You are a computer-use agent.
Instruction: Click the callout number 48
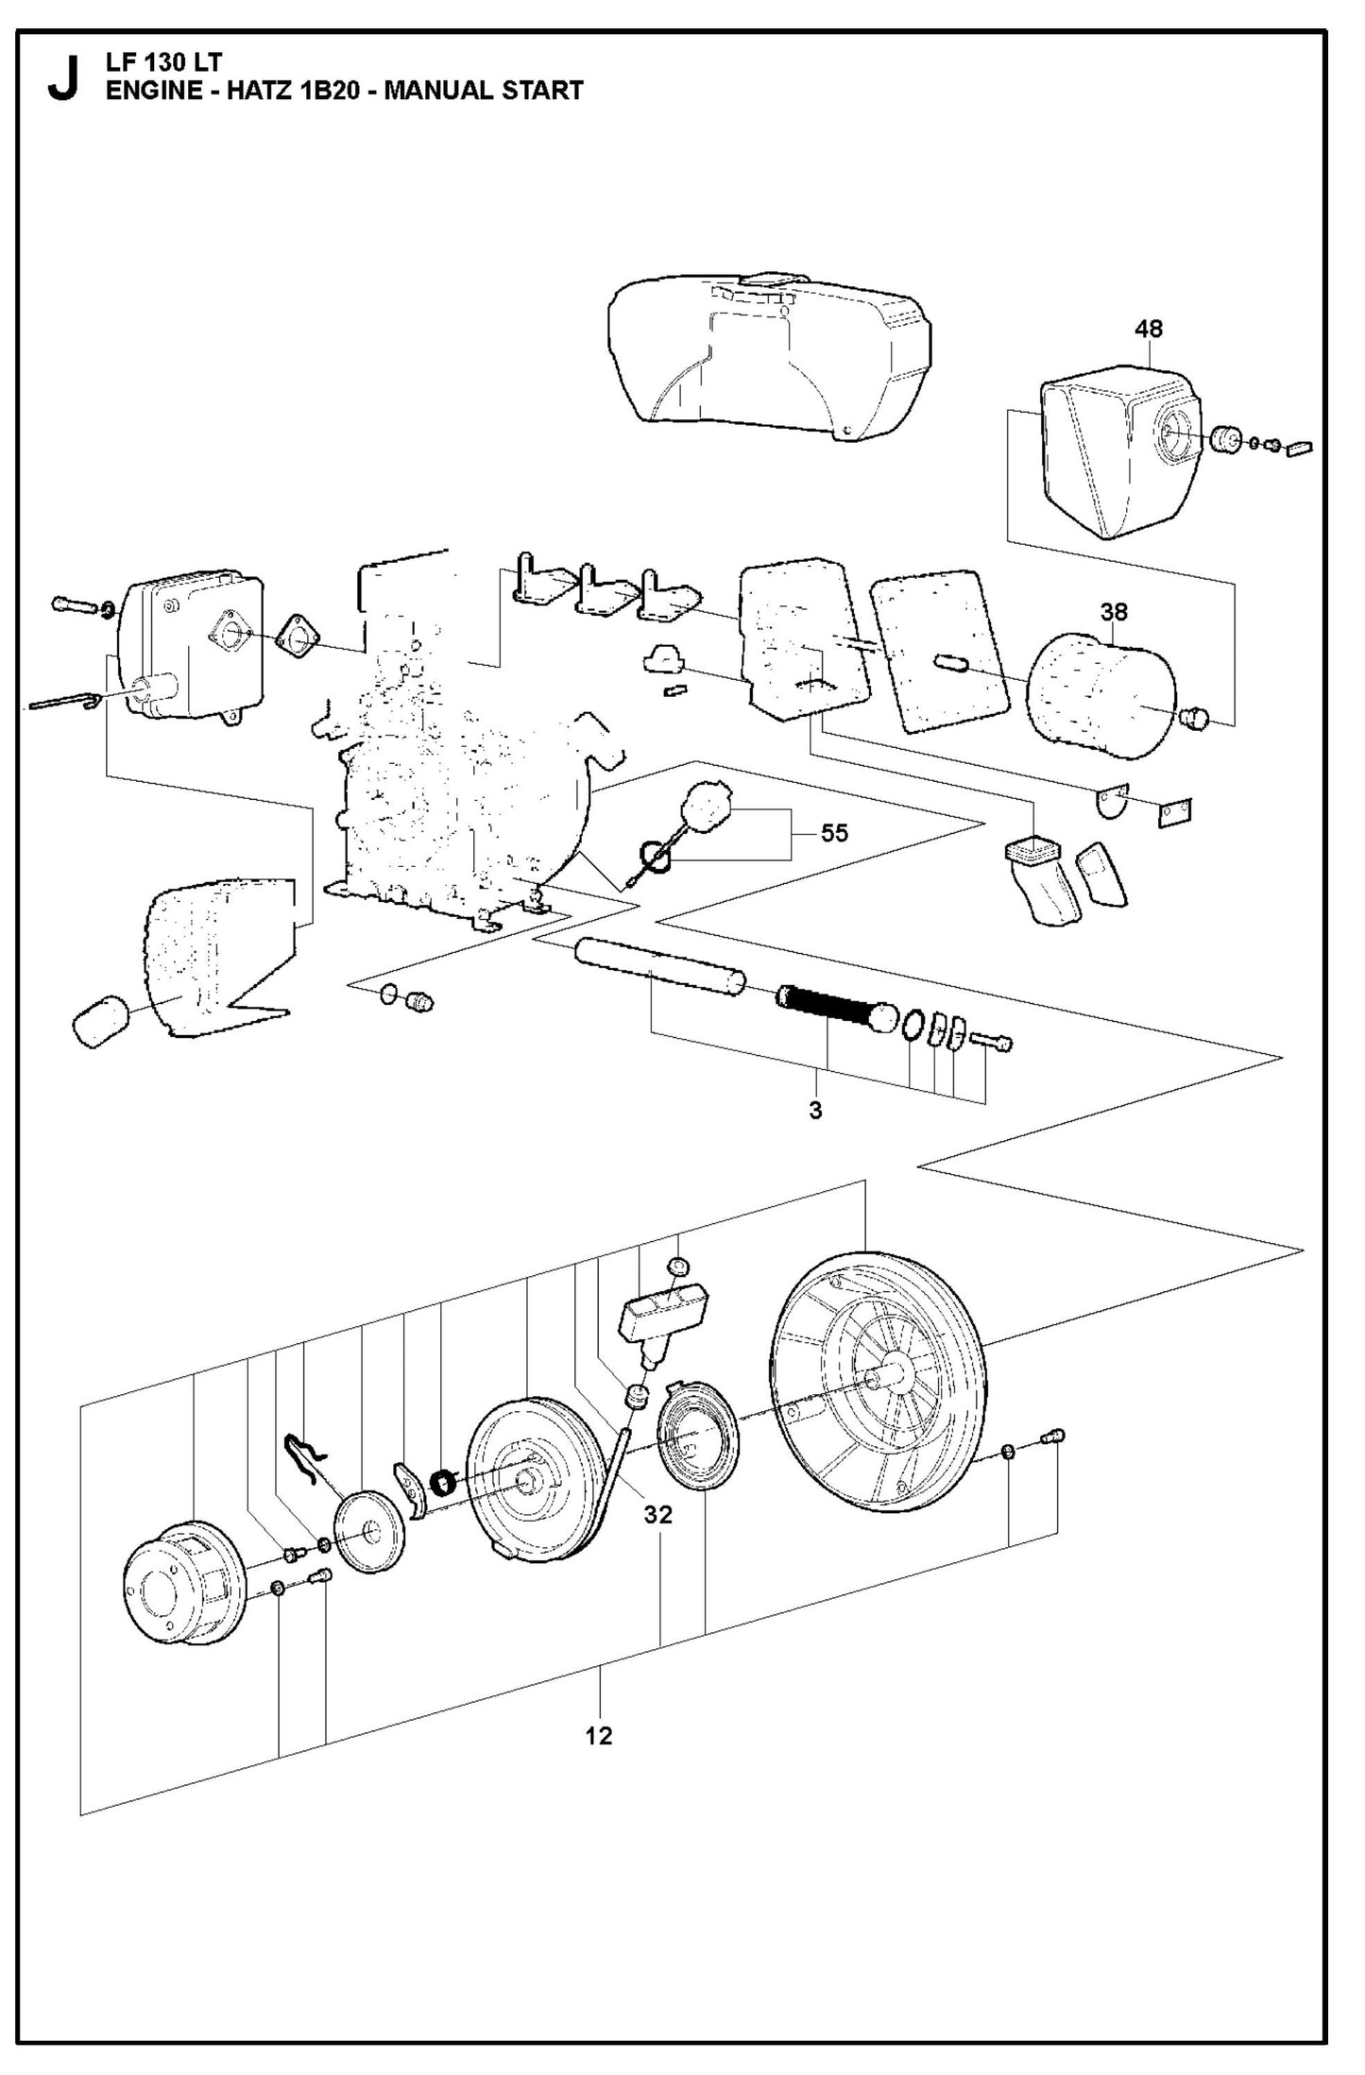point(1149,329)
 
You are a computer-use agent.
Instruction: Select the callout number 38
point(1114,612)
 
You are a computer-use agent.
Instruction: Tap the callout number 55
point(834,833)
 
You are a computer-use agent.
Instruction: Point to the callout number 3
point(815,1111)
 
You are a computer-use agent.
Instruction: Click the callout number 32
point(657,1515)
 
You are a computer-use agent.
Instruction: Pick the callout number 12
point(599,1736)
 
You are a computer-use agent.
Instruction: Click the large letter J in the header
point(62,79)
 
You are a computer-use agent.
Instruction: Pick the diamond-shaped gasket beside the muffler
point(296,642)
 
